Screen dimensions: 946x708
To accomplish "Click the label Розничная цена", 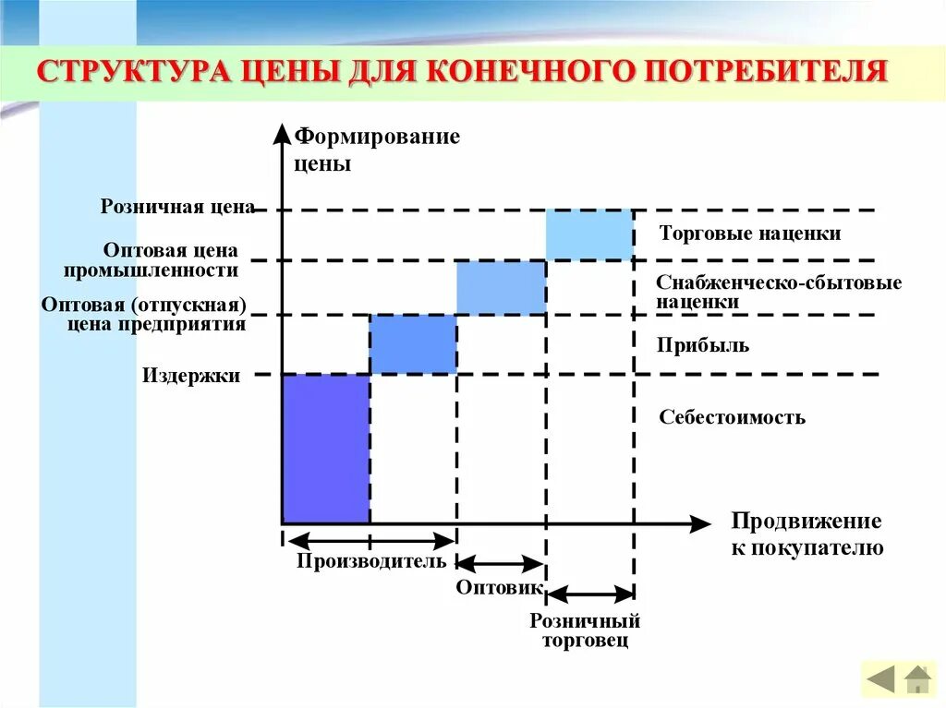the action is (177, 207).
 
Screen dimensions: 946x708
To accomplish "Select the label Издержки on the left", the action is (191, 376).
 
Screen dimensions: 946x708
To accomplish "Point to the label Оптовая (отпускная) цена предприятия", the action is (144, 315).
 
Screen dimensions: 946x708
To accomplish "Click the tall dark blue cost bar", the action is (325, 449).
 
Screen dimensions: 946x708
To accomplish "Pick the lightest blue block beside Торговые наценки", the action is (589, 234).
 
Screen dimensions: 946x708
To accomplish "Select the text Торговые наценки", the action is (750, 234).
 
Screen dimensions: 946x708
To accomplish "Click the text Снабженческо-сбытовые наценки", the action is (778, 292).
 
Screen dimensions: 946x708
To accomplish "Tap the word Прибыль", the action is (703, 346).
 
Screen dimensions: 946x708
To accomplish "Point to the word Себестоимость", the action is (732, 417).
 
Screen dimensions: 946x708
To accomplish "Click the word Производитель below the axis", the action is (371, 561).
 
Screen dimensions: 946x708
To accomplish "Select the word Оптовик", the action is (498, 588).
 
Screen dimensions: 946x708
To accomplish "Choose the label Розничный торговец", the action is (585, 630).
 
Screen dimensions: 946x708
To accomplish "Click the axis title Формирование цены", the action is (376, 151).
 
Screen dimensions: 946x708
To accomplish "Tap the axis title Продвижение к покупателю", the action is (807, 534).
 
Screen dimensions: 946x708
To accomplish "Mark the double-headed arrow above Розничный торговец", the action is (589, 594).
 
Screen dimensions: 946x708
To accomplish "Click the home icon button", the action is (917, 680).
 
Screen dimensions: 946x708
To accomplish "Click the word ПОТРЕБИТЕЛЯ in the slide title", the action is (770, 72).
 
